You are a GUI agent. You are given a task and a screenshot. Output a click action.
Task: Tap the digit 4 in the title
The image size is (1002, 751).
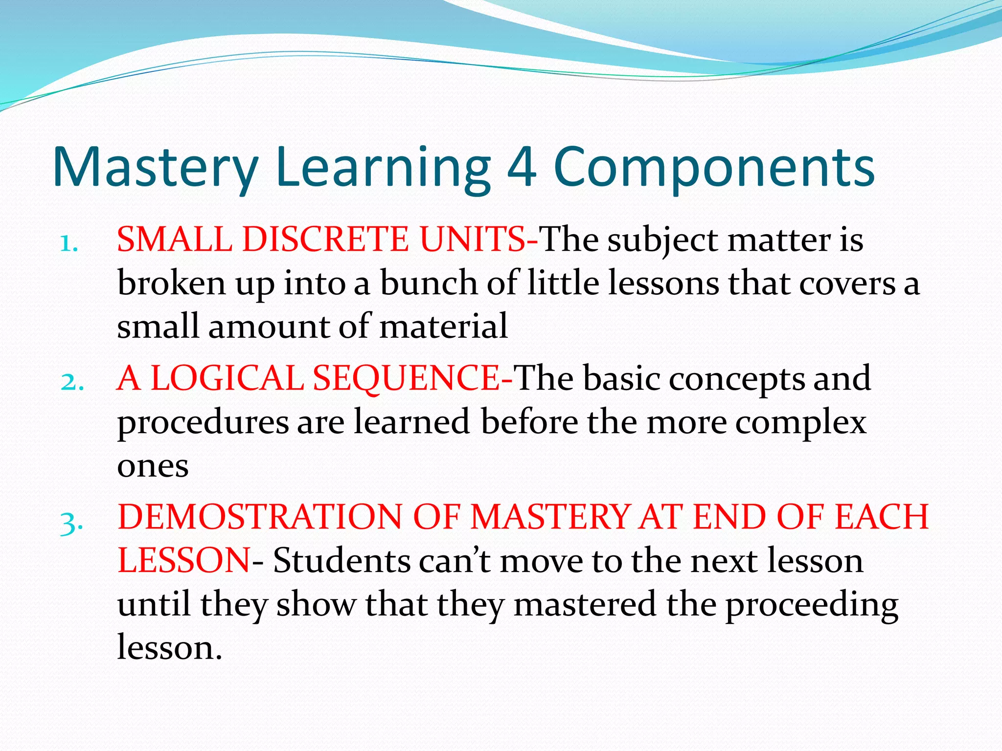click(522, 167)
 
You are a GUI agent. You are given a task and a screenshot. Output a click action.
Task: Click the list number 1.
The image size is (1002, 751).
click(69, 243)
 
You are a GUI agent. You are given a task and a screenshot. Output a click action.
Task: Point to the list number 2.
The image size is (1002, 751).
click(72, 382)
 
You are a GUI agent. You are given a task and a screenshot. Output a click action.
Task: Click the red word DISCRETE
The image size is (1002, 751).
click(325, 240)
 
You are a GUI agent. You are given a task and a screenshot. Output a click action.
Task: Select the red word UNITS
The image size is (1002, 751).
click(473, 240)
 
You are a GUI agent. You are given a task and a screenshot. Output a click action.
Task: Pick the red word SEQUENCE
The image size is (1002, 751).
click(406, 378)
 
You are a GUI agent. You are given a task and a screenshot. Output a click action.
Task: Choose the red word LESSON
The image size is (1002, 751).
click(184, 560)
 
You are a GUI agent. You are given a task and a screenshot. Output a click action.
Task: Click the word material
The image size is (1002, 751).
click(443, 327)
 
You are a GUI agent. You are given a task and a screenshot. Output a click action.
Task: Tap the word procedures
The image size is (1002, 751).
click(203, 422)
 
